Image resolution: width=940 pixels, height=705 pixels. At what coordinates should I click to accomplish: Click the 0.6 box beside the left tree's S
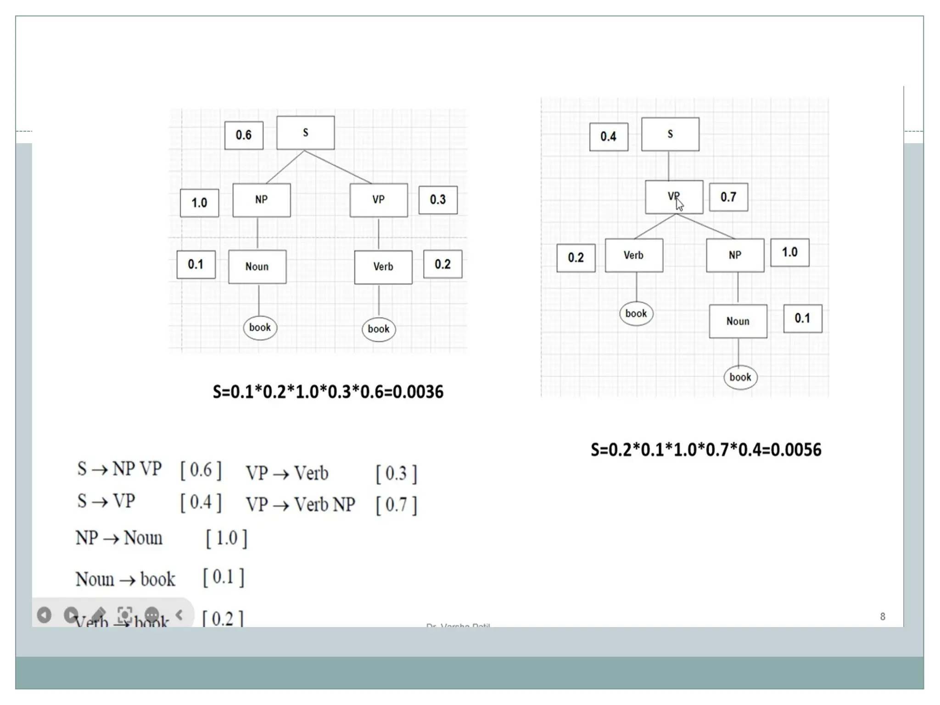(x=244, y=135)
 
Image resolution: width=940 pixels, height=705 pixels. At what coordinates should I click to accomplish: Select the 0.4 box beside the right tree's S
(x=609, y=137)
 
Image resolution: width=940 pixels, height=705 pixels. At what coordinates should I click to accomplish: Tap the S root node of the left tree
(x=305, y=133)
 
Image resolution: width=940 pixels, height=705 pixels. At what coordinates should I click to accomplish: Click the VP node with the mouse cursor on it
(x=673, y=197)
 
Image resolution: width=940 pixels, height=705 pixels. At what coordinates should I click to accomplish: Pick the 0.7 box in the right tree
(x=728, y=197)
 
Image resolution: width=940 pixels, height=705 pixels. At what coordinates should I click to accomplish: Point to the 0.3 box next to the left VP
(x=438, y=200)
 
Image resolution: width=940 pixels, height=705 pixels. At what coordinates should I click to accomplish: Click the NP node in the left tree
(x=261, y=200)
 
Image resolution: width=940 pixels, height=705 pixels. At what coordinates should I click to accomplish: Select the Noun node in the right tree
(x=738, y=321)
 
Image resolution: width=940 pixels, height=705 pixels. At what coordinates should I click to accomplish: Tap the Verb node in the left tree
(x=383, y=267)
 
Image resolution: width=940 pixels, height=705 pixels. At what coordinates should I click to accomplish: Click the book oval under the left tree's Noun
(x=260, y=328)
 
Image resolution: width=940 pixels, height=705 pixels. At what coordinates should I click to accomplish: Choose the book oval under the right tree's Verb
(x=636, y=314)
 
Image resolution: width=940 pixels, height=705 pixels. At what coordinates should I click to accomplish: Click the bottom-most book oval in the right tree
(x=740, y=377)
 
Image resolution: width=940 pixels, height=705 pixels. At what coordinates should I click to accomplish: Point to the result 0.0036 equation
(x=328, y=392)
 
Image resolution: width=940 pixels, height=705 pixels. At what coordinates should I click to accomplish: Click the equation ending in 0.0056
(x=705, y=450)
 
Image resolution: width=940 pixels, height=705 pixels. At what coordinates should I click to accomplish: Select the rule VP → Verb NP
(x=301, y=504)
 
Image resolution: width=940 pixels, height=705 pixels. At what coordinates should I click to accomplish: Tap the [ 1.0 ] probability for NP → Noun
(x=226, y=538)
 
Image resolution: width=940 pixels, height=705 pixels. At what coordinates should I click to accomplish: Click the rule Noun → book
(x=125, y=579)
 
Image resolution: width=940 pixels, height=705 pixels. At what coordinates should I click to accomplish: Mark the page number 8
(x=882, y=616)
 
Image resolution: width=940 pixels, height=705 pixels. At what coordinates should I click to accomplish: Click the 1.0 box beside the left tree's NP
(x=199, y=203)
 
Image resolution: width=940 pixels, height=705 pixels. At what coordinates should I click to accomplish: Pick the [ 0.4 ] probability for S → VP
(x=201, y=502)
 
